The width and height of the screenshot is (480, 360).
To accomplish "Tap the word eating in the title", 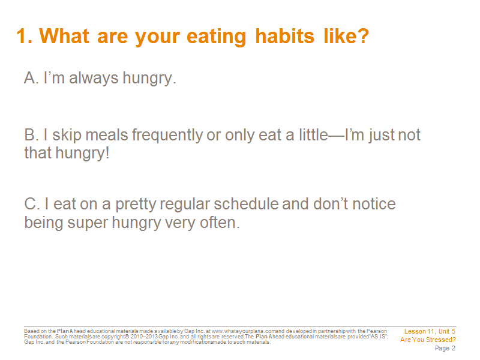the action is pyautogui.click(x=216, y=37).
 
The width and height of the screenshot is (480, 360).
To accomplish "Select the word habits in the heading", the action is pyautogui.click(x=284, y=36).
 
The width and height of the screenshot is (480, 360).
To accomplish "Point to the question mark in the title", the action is pyautogui.click(x=363, y=36).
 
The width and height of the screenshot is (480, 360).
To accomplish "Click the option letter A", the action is pyautogui.click(x=31, y=78).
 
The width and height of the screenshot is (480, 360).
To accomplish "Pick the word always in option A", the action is pyautogui.click(x=94, y=78).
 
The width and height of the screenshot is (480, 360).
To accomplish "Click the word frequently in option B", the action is pyautogui.click(x=167, y=136).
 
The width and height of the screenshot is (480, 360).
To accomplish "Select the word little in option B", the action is pyautogui.click(x=314, y=134).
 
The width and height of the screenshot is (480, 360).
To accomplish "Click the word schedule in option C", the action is pyautogui.click(x=247, y=204).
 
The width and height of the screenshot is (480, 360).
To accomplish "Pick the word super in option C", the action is pyautogui.click(x=88, y=223).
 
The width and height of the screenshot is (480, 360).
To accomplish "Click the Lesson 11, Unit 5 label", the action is pyautogui.click(x=430, y=332).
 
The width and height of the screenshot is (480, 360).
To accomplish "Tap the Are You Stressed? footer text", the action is pyautogui.click(x=428, y=340).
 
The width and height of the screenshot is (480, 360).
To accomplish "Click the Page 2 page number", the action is pyautogui.click(x=445, y=349).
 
